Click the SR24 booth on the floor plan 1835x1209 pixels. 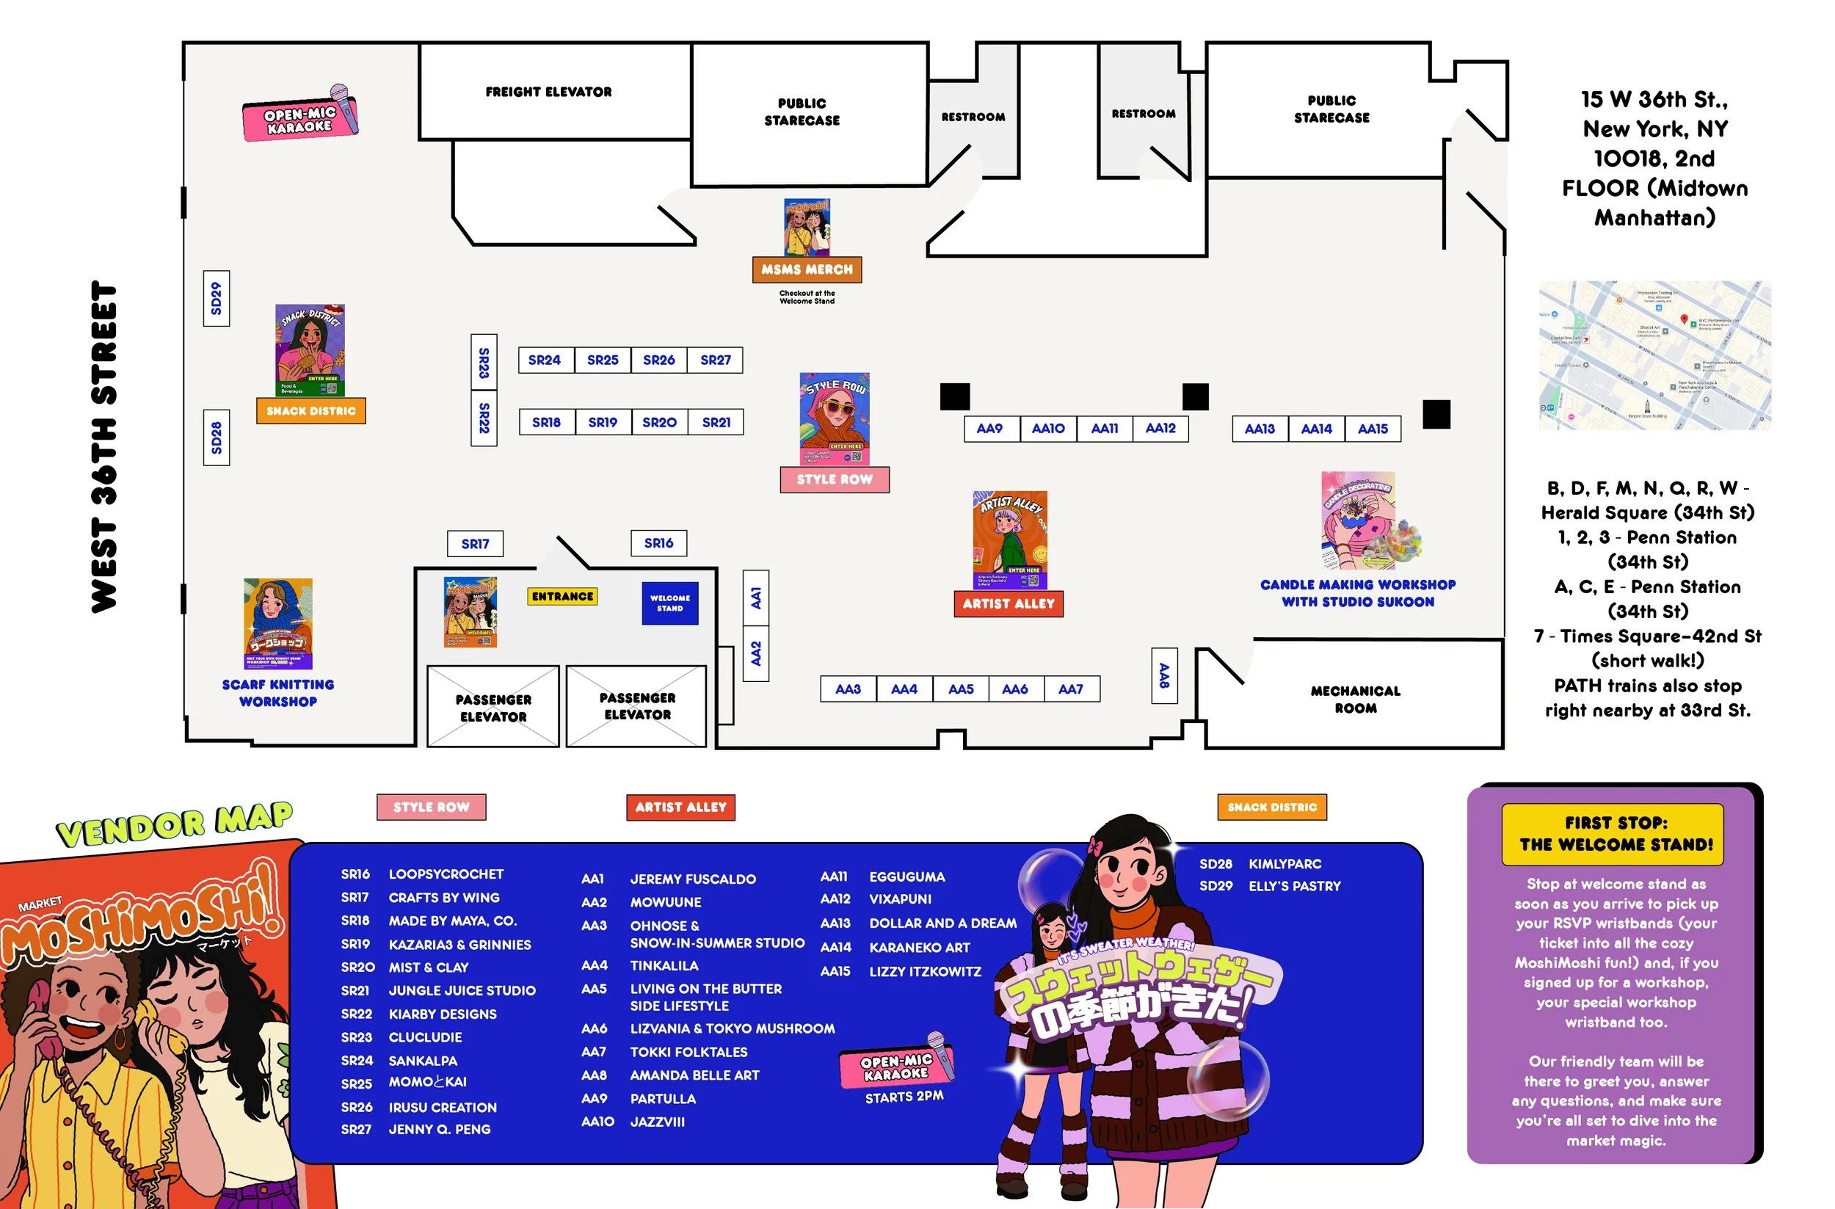(545, 360)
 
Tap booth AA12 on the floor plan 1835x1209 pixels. (1160, 429)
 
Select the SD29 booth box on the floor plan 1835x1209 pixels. (217, 298)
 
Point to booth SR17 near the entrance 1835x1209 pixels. (476, 545)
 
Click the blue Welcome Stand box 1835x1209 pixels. (670, 603)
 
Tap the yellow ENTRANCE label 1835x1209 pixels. (563, 597)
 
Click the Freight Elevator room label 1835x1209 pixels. (548, 92)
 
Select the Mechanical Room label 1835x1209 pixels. (1356, 700)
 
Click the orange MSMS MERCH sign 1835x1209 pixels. (807, 270)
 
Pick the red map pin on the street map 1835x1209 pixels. (1684, 319)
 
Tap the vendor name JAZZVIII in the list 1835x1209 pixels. (657, 1122)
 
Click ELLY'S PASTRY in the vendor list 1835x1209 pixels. (1295, 887)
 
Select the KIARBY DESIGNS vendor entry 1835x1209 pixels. (443, 1014)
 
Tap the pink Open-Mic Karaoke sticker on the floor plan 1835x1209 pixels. (301, 118)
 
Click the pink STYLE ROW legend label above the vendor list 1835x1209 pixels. (431, 807)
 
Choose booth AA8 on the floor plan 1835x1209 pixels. (1164, 675)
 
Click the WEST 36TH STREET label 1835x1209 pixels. (104, 447)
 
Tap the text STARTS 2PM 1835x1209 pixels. (904, 1097)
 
